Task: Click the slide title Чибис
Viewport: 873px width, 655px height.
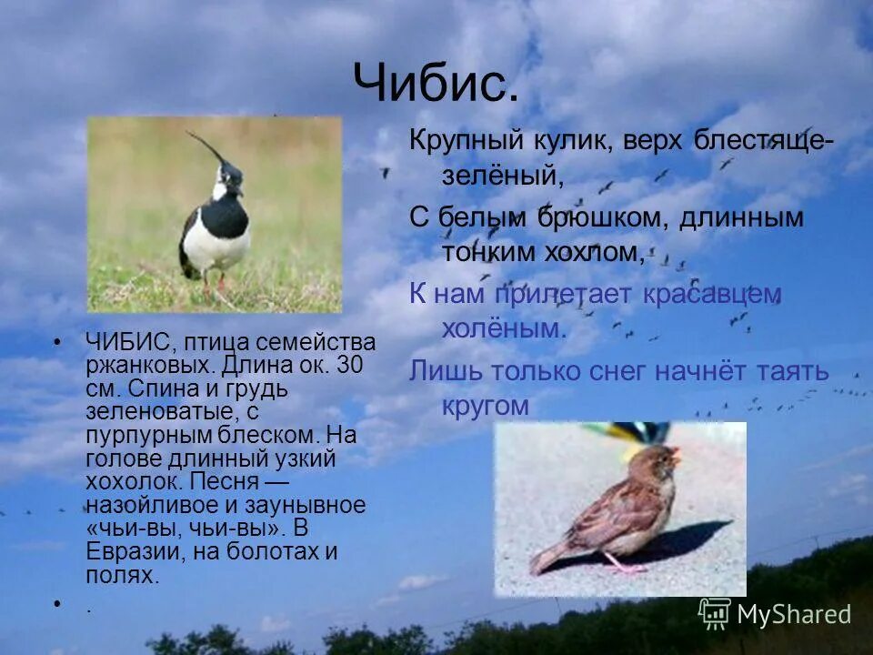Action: (x=436, y=84)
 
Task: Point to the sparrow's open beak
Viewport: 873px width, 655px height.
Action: (x=674, y=454)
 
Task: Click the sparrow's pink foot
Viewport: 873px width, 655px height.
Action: (x=627, y=569)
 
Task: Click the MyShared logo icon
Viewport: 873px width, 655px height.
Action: (x=715, y=613)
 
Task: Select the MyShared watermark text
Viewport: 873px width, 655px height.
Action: (x=794, y=614)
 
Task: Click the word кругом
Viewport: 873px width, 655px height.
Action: (x=485, y=405)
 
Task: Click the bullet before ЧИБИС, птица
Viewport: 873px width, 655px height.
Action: (x=57, y=342)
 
